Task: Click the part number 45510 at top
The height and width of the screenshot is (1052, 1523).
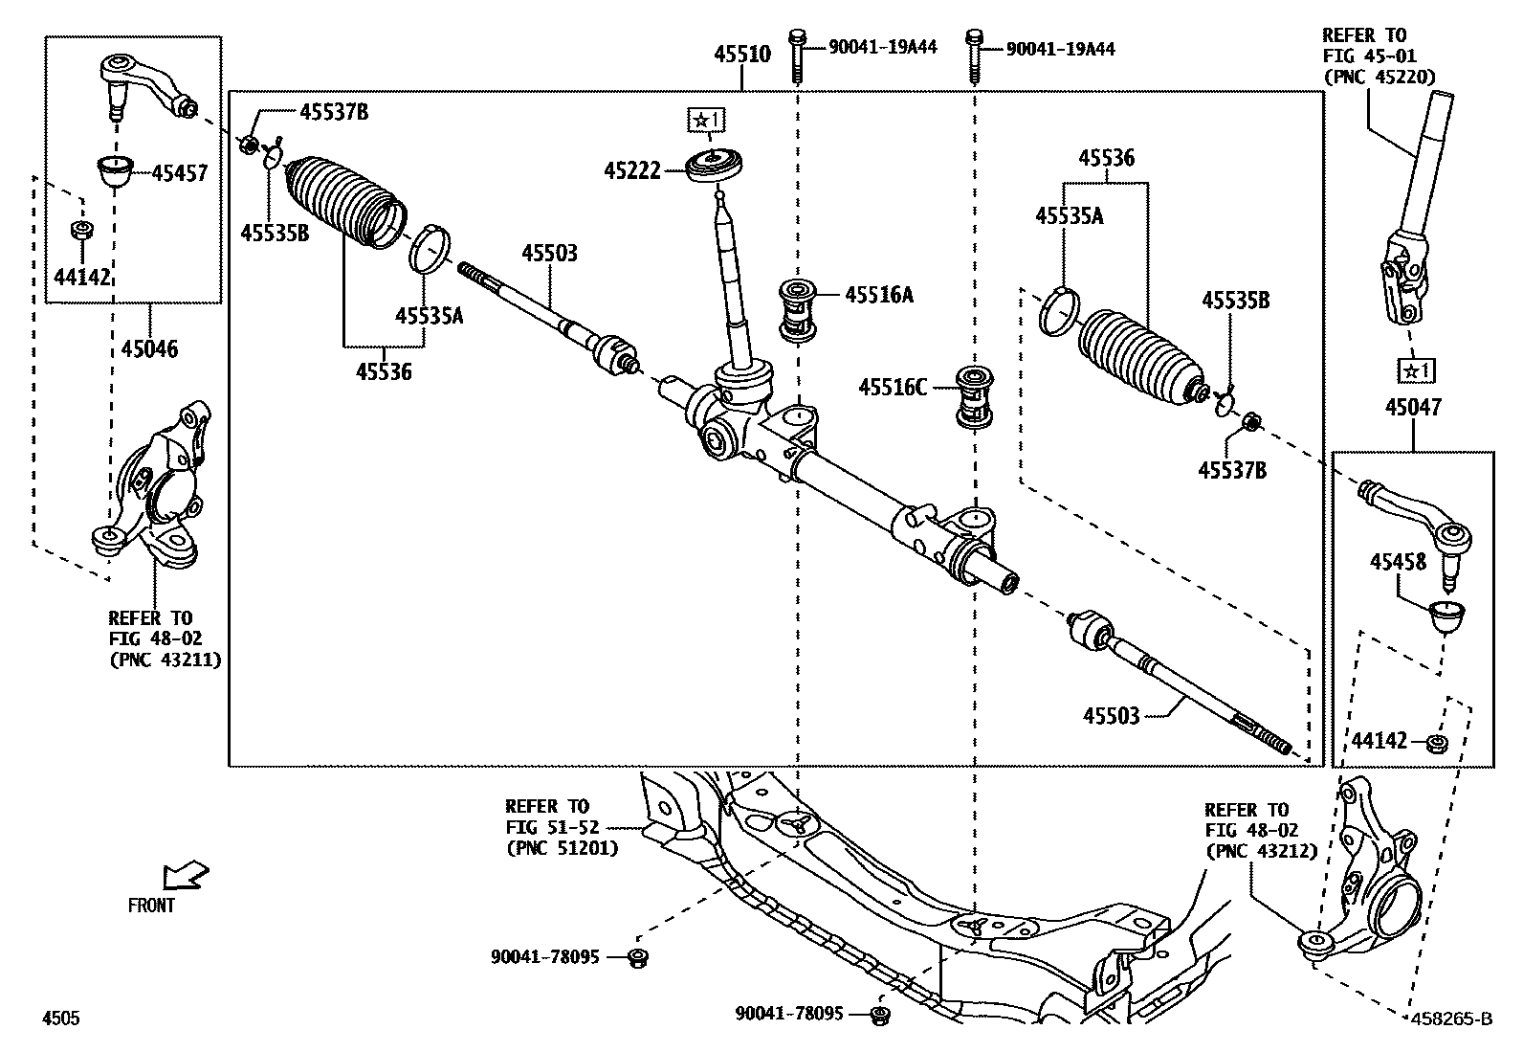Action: pos(741,55)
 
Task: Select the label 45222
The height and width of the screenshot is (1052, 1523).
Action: pos(631,170)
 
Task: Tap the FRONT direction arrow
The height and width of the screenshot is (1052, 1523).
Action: pos(185,875)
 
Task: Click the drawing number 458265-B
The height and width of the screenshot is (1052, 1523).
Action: pos(1450,1018)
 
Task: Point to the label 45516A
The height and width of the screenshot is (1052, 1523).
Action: pos(878,295)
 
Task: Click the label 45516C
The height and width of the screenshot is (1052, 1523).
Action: pos(892,388)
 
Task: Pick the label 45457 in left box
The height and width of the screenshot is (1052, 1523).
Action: pos(179,173)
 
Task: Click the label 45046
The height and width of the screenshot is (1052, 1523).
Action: pos(149,348)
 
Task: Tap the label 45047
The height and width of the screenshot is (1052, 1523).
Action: pos(1412,408)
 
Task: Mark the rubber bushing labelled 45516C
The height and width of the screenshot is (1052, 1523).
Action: pos(975,397)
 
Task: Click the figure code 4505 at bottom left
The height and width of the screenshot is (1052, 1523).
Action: pos(59,1018)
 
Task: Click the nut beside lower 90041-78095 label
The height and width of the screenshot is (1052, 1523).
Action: pos(881,1014)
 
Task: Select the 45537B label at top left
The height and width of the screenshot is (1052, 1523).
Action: pos(334,113)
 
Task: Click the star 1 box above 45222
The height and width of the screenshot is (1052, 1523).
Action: pos(707,120)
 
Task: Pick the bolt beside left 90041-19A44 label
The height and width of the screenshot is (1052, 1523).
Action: pos(797,56)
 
